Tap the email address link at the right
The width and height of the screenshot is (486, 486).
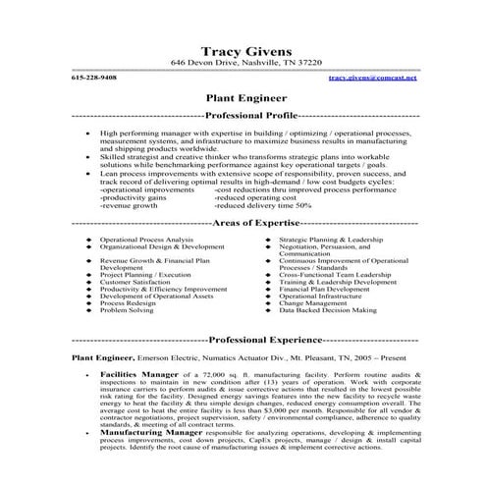click(x=372, y=78)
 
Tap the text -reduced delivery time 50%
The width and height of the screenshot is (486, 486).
click(x=262, y=205)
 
